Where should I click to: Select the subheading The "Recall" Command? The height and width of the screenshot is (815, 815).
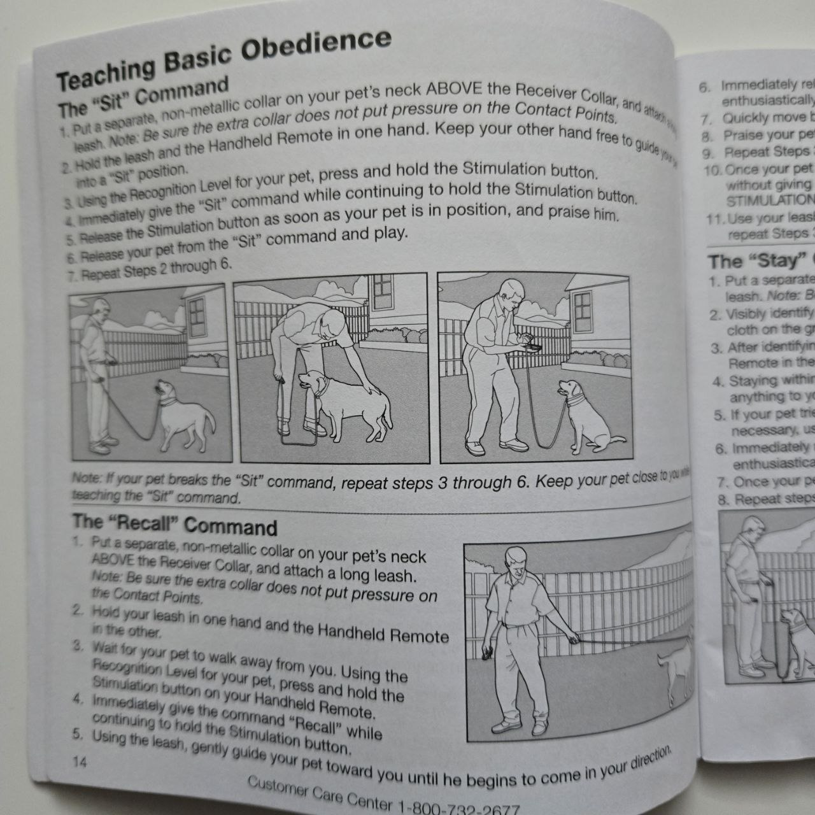[x=174, y=525]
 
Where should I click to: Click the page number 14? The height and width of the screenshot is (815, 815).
[x=80, y=762]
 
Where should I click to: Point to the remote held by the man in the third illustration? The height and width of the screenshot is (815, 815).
[x=531, y=346]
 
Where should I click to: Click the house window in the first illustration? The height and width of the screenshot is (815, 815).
[x=197, y=313]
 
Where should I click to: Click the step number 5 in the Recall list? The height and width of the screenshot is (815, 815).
[x=78, y=734]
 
